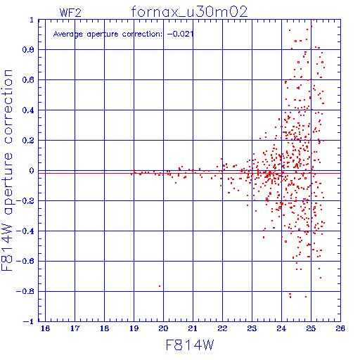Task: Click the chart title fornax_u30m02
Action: tap(189, 12)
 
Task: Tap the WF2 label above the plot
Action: tap(70, 13)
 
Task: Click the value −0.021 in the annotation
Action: tap(180, 34)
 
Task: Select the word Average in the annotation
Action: tap(68, 34)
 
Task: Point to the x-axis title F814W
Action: tap(190, 345)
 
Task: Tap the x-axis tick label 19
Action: tap(134, 328)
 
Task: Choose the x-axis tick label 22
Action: tap(222, 328)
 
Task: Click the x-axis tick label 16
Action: tap(45, 328)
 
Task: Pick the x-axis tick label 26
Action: tap(340, 328)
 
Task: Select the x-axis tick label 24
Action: tap(281, 328)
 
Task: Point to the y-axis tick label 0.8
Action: tap(28, 50)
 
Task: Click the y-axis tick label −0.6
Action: tap(25, 261)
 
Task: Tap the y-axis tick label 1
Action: tap(32, 20)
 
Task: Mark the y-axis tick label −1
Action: tap(28, 321)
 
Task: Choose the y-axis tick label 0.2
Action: tap(28, 141)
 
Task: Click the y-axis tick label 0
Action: tap(32, 171)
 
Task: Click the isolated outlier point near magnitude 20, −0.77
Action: tap(160, 286)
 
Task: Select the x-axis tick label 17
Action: tap(75, 328)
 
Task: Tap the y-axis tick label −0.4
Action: tap(25, 231)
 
